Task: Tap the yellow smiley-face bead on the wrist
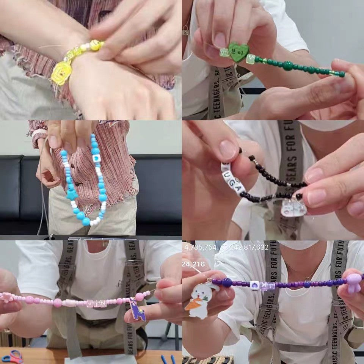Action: pos(96,45)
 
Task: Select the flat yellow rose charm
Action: pos(60,72)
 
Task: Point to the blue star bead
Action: pos(72,195)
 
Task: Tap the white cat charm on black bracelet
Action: pos(293,208)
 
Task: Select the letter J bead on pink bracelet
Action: pos(90,304)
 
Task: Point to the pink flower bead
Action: pos(6,297)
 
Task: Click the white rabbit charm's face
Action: pos(201,294)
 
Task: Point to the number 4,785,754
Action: pos(200,248)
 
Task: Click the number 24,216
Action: pos(193,264)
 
